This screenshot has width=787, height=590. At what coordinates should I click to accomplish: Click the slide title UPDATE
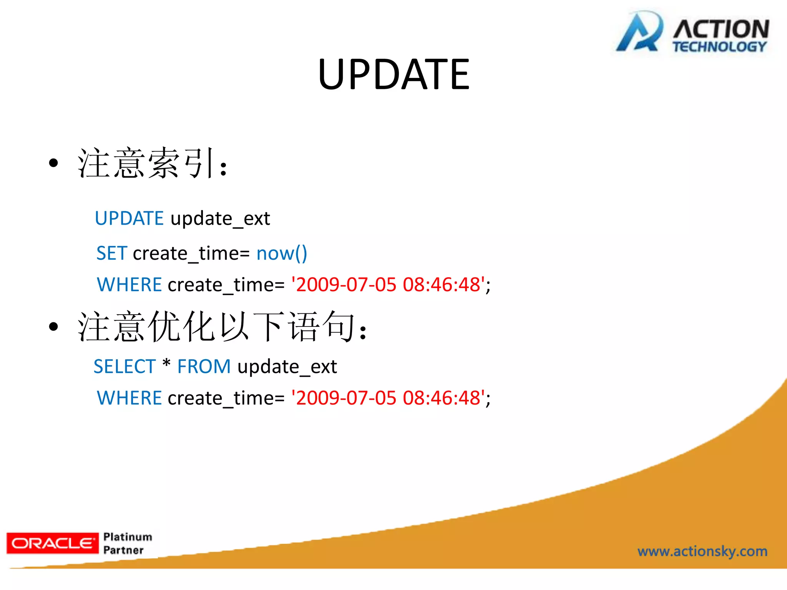pos(393,75)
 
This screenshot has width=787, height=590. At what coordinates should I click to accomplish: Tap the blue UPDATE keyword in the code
pos(129,218)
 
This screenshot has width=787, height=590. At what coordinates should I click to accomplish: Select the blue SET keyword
pos(111,253)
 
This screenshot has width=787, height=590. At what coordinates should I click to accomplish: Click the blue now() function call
pos(282,254)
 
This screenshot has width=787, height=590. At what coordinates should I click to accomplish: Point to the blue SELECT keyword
pos(125,366)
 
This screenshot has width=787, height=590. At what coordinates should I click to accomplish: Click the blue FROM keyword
pos(204,366)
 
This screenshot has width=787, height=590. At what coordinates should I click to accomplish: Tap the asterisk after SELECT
pos(166,363)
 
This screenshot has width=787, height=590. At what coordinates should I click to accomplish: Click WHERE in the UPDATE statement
pos(129,285)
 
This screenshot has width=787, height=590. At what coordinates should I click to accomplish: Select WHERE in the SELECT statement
pos(129,398)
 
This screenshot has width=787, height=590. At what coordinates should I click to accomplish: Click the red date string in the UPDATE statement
pos(388,285)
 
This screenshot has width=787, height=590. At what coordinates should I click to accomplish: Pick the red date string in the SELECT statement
pos(388,398)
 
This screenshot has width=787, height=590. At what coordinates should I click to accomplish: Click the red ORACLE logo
pos(53,543)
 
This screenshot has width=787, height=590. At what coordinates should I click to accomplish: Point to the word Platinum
pos(128,537)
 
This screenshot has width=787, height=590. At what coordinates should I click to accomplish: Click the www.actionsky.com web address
pos(702,551)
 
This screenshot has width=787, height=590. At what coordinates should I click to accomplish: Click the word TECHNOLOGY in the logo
pos(719,47)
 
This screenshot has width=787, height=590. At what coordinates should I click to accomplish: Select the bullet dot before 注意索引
pos(53,163)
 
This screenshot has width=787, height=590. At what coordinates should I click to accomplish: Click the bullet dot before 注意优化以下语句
pos(53,326)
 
